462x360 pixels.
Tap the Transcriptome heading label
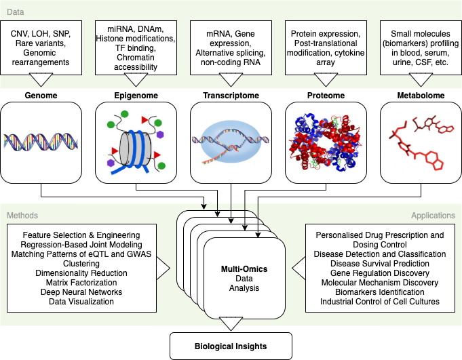[x=231, y=96]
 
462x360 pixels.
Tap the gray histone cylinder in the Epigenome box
[x=132, y=144]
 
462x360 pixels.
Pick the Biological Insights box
[x=231, y=346]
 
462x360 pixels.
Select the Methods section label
[x=22, y=216]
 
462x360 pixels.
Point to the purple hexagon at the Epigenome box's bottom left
[x=110, y=163]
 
